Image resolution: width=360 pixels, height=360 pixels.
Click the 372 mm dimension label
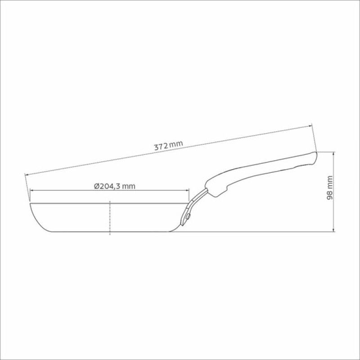pyautogui.click(x=168, y=145)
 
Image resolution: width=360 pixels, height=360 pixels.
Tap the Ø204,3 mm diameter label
pyautogui.click(x=115, y=186)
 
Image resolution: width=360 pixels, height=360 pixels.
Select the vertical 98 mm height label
pyautogui.click(x=330, y=188)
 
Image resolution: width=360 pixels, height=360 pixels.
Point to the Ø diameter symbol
pyautogui.click(x=97, y=186)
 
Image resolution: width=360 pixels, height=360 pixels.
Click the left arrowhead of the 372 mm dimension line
pyautogui.click(x=27, y=175)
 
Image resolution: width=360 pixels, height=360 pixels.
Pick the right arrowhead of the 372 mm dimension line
pyautogui.click(x=310, y=126)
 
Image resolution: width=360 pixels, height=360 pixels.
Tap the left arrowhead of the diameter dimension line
pyautogui.click(x=32, y=190)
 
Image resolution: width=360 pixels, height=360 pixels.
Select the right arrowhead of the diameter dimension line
pyautogui.click(x=187, y=190)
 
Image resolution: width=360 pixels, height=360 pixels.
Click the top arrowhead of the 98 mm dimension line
pyautogui.click(x=333, y=153)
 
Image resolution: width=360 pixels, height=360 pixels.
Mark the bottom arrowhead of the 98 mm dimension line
pyautogui.click(x=333, y=230)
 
